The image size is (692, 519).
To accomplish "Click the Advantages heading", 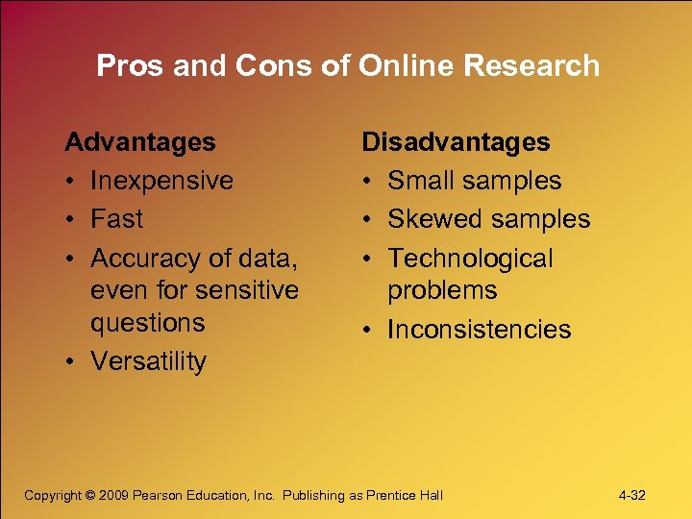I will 140,142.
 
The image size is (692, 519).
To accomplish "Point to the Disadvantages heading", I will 456,142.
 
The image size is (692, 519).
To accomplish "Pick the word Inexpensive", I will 161,181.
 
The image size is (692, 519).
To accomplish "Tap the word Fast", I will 116,219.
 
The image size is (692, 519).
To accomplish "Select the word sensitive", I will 248,290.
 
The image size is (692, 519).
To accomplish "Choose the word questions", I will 148,323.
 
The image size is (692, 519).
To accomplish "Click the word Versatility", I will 148,361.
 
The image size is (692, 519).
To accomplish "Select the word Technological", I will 470,259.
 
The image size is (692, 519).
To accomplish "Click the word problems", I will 442,290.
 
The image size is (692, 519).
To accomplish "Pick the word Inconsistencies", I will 479,330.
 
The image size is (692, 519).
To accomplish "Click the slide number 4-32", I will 632,496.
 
